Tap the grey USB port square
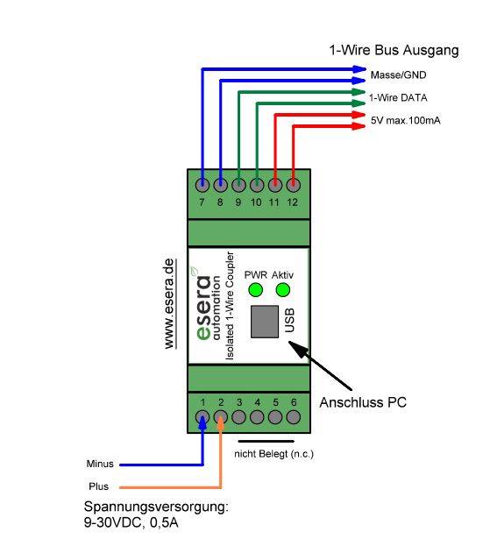[x=266, y=322]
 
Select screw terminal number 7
[x=202, y=185]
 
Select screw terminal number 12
[x=293, y=185]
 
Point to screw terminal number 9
[x=238, y=185]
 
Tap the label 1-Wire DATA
[x=398, y=97]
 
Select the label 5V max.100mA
[x=404, y=119]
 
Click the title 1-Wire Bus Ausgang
[x=394, y=51]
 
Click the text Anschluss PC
[x=363, y=403]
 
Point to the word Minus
[x=99, y=464]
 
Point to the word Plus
[x=97, y=486]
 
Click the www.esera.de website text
[x=170, y=303]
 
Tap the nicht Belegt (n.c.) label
[x=273, y=453]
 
